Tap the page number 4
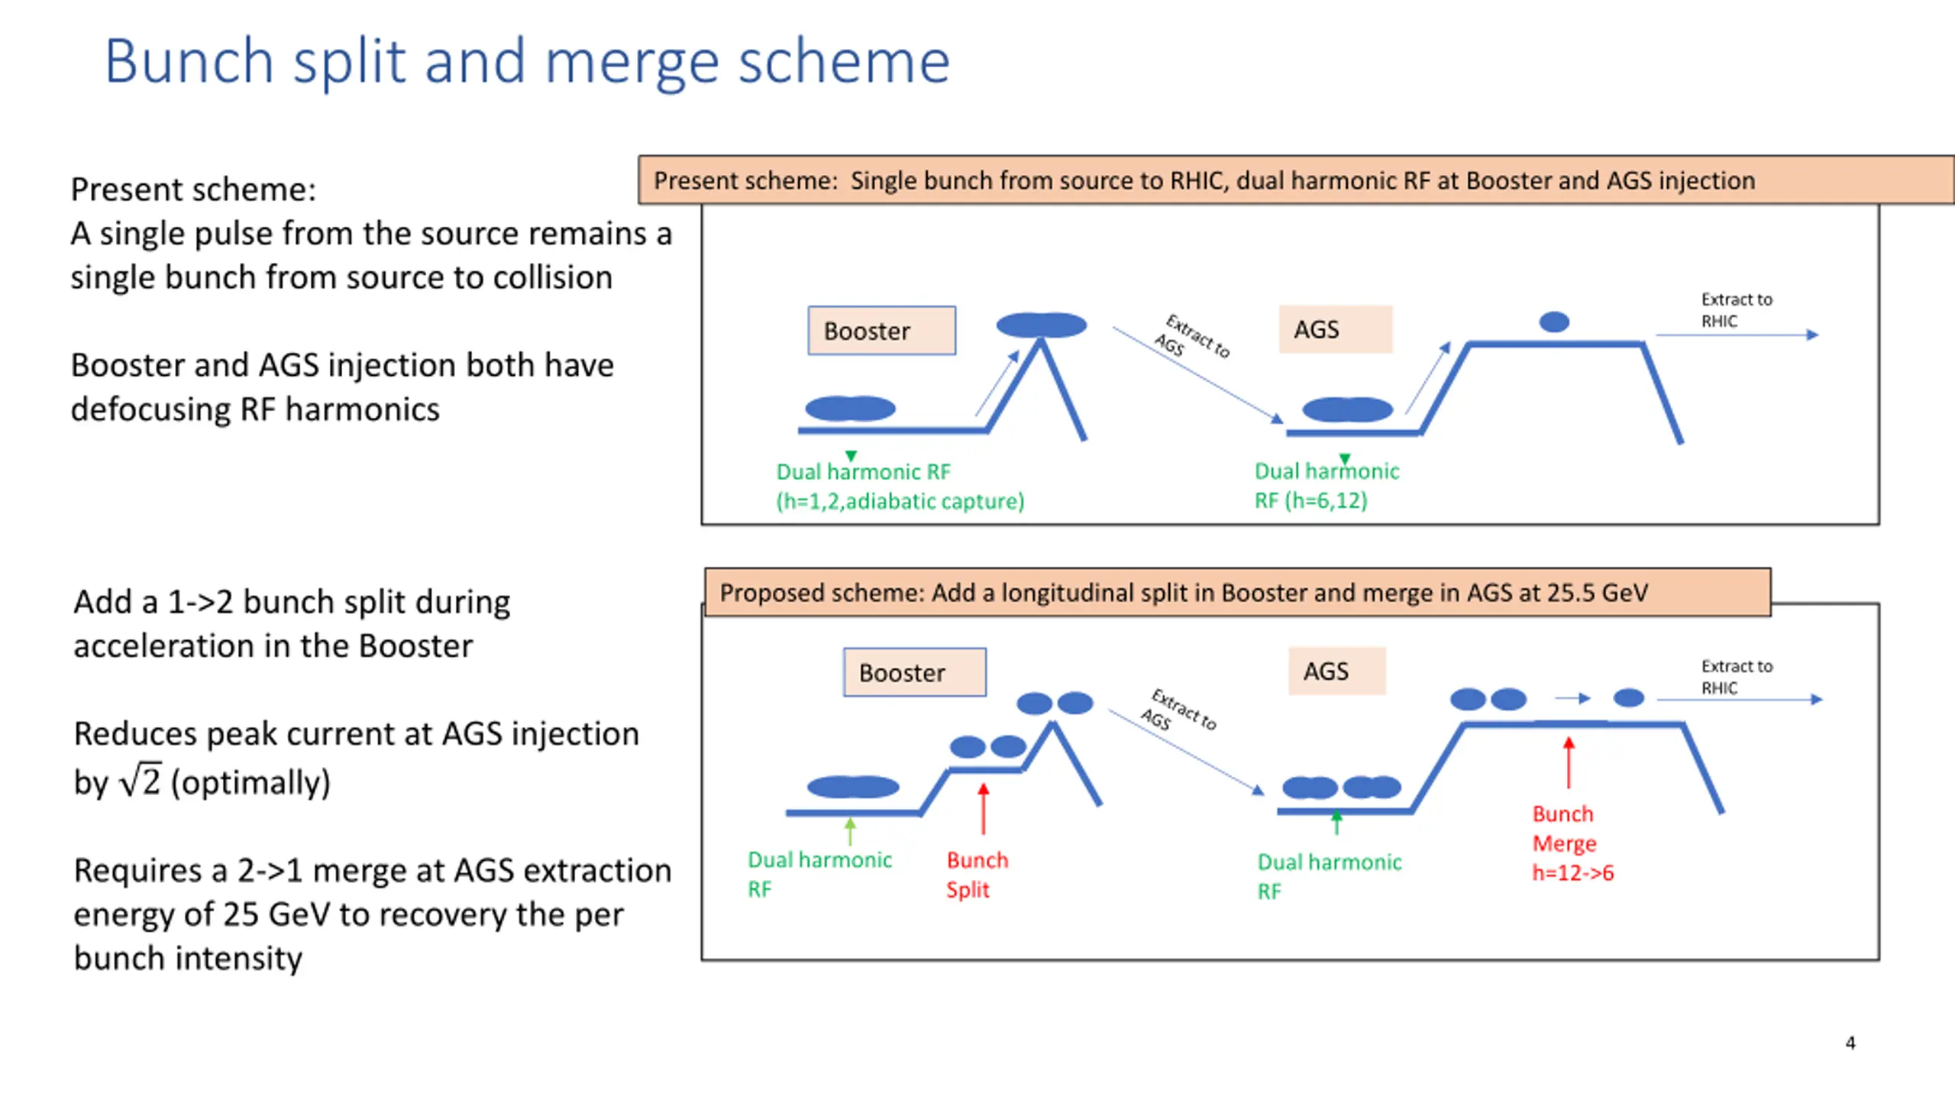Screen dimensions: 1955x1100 tap(1850, 1043)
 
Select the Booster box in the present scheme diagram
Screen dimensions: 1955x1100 tap(882, 331)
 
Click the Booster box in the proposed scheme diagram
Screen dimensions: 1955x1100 tap(915, 672)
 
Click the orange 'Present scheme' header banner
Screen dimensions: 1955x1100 tap(1296, 180)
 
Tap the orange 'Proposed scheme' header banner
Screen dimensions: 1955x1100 tap(1237, 592)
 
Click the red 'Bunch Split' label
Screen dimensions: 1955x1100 tap(977, 875)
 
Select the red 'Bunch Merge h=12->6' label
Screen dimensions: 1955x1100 tap(1572, 843)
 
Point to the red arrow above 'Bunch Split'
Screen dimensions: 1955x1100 tap(984, 808)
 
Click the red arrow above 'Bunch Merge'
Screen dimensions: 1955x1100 tap(1569, 762)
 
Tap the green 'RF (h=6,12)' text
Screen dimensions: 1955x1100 tap(1310, 500)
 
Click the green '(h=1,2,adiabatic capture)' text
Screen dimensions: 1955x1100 tap(900, 501)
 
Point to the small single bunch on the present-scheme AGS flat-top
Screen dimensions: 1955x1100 tap(1554, 322)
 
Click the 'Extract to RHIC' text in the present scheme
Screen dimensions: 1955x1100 tap(1736, 310)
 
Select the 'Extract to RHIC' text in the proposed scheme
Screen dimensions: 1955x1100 tap(1737, 677)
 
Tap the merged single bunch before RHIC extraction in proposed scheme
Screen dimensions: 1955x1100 tap(1628, 697)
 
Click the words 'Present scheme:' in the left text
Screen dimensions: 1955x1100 tap(193, 189)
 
